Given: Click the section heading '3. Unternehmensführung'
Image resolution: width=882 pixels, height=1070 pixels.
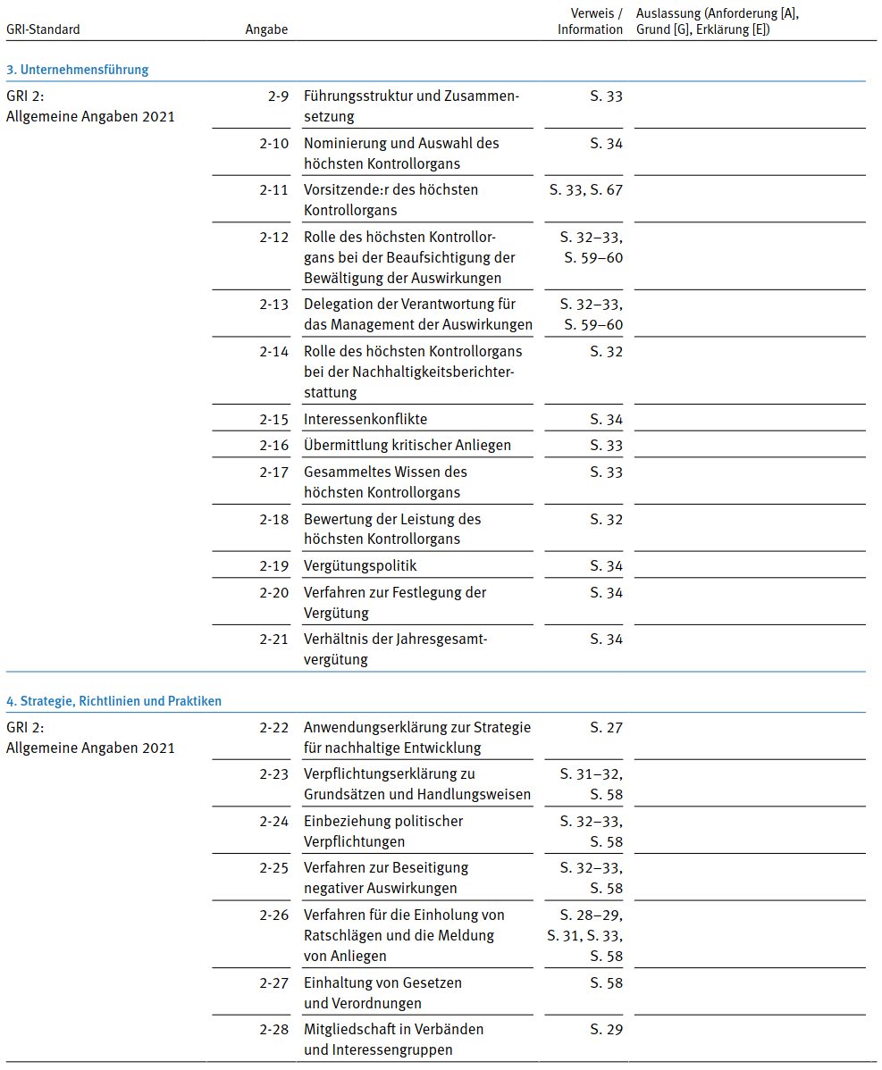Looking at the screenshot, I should tap(78, 69).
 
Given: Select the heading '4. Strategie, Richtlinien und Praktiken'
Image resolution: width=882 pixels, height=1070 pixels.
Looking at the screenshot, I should tap(113, 701).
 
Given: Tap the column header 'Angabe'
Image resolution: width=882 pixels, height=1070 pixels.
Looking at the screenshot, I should tap(266, 29).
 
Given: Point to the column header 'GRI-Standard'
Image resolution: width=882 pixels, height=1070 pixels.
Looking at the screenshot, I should tap(43, 29).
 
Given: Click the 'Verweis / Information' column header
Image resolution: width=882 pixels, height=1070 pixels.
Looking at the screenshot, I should tap(590, 21).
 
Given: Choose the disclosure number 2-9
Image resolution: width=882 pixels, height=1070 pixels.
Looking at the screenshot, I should tap(278, 96).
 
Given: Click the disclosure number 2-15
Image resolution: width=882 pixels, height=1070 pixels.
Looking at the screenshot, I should tap(274, 419).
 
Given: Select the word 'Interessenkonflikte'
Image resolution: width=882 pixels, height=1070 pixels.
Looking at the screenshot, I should tap(365, 419).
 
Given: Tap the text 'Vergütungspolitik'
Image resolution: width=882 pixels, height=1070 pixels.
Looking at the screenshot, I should tap(360, 565).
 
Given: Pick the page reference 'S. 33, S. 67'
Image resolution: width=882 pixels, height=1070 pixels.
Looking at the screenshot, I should tap(585, 189).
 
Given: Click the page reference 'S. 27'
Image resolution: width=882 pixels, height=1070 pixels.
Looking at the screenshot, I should tap(606, 727).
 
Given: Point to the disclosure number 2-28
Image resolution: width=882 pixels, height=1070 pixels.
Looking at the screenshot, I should tap(274, 1029).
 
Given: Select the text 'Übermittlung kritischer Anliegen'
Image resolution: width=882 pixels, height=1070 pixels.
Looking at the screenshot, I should tap(406, 445).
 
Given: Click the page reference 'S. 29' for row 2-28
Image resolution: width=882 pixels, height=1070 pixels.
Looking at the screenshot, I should tap(606, 1029).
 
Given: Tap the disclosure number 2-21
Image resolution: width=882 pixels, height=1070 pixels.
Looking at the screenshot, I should tap(274, 639).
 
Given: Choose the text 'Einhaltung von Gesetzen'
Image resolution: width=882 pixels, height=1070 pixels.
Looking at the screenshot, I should tap(382, 982).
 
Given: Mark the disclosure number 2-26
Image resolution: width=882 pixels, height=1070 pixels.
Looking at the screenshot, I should tap(274, 915).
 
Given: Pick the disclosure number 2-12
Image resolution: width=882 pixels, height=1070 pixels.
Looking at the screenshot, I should tap(274, 237).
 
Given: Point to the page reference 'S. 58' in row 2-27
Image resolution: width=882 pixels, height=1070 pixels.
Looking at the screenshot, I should tap(606, 982).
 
